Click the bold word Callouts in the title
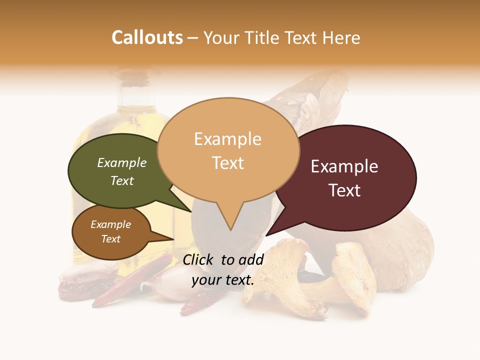click(x=147, y=37)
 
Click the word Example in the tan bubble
click(x=227, y=139)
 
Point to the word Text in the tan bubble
click(x=227, y=163)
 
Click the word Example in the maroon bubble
click(x=344, y=166)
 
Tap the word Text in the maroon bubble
click(x=344, y=190)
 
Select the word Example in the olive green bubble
click(x=121, y=163)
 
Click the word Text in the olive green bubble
click(x=121, y=180)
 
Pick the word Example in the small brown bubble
click(x=110, y=224)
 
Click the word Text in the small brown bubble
click(x=110, y=239)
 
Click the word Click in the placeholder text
click(x=199, y=259)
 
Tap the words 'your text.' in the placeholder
click(x=222, y=280)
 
